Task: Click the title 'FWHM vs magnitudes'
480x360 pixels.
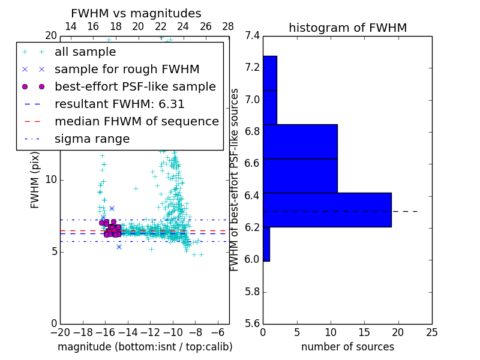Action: [x=136, y=13]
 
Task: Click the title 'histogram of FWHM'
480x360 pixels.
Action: [x=347, y=28]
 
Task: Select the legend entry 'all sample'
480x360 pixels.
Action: [x=85, y=52]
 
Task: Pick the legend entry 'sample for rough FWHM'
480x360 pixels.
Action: [x=127, y=69]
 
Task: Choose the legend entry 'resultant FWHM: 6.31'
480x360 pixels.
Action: [x=119, y=104]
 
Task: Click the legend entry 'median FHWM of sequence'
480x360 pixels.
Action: [x=136, y=121]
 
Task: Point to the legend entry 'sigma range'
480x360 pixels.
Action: [x=92, y=139]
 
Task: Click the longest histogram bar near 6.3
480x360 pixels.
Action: [x=327, y=209]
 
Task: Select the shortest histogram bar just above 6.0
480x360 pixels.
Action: [x=266, y=244]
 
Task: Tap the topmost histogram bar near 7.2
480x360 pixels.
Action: [x=269, y=73]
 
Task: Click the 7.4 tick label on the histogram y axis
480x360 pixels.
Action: [x=253, y=35]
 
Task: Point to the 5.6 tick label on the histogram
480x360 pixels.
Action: [x=253, y=324]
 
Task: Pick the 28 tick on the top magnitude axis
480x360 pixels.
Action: [x=229, y=26]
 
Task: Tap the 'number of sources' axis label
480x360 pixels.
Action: [x=347, y=347]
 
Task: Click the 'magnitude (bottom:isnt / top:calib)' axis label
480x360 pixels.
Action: [x=145, y=347]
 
